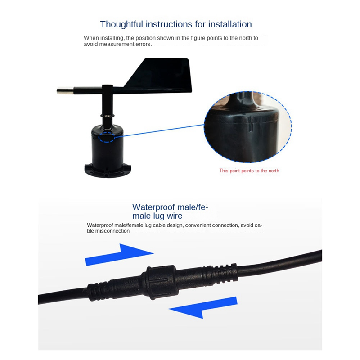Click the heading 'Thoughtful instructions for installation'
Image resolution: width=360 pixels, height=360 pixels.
(x=176, y=24)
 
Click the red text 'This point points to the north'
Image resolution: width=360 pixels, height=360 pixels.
(x=249, y=171)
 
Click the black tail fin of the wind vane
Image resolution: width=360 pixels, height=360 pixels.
(x=160, y=76)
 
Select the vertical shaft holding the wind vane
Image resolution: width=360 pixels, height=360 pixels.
(x=108, y=106)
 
